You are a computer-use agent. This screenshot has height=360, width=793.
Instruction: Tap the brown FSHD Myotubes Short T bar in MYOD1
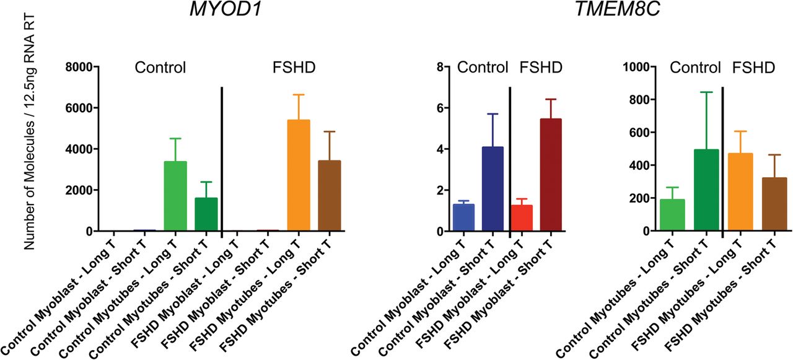[330, 196]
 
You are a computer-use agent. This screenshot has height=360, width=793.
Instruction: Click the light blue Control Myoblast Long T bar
[463, 217]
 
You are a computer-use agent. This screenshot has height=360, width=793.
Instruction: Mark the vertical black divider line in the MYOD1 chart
[222, 159]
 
